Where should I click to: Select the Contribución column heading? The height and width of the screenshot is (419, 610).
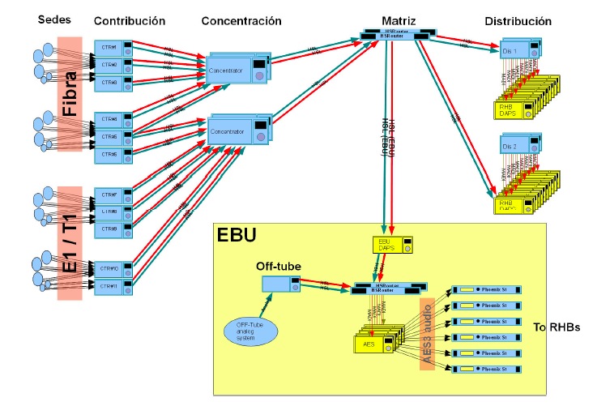point(129,19)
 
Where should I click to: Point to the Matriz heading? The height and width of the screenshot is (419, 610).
point(399,19)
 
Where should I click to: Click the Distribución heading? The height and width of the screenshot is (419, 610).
point(518,20)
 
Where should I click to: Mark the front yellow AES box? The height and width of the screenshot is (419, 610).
point(373,344)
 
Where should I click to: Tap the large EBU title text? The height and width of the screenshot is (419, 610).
point(238,237)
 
